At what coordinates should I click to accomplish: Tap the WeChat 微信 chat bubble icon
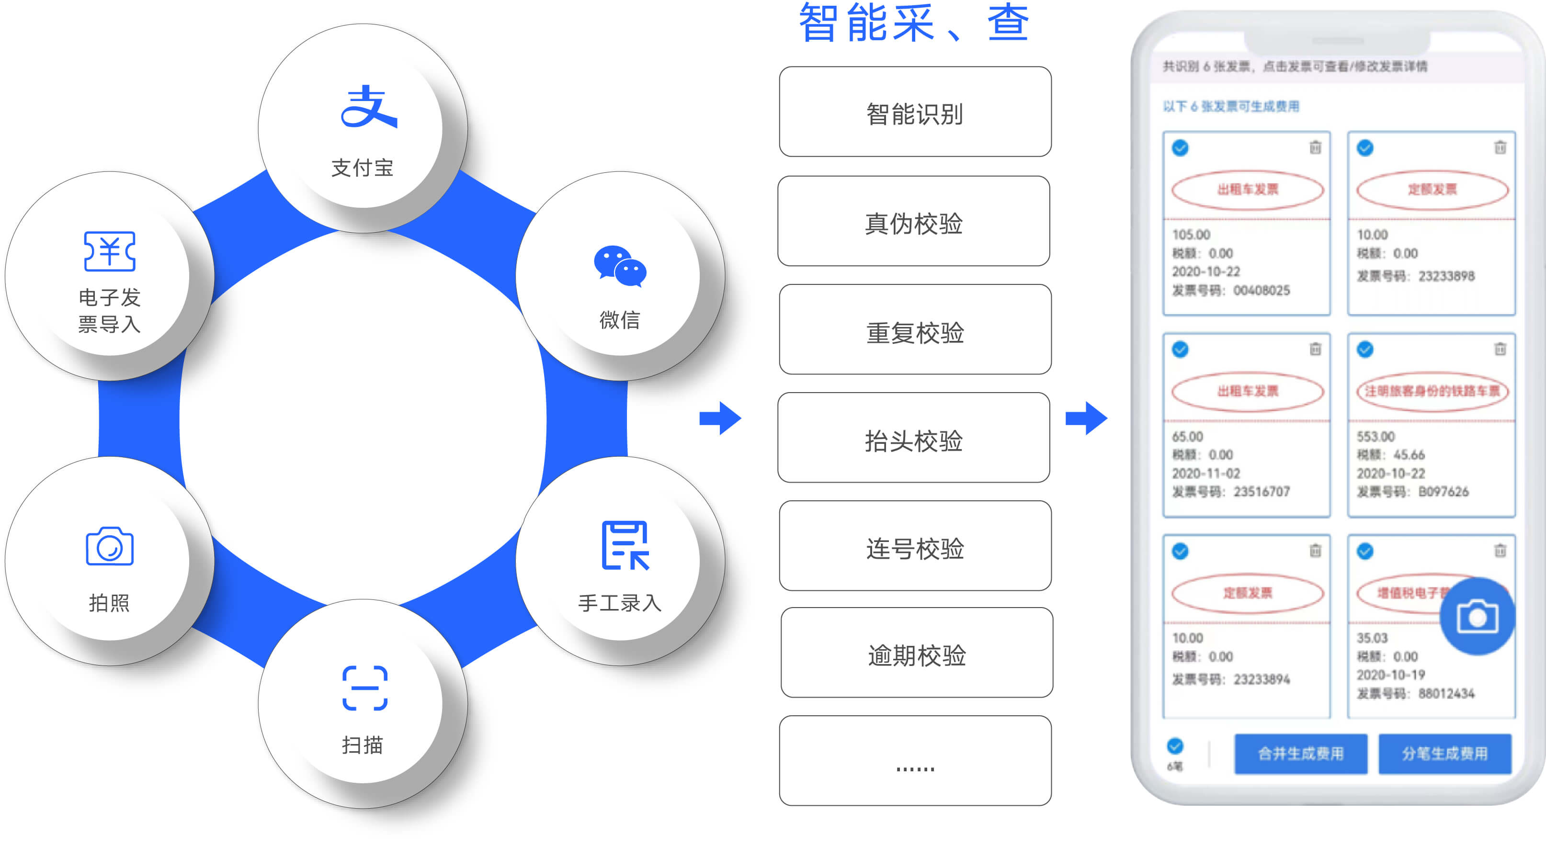620,266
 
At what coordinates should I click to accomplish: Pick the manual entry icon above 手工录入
625,545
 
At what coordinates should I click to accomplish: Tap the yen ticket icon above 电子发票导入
109,251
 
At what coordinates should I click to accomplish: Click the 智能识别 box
915,112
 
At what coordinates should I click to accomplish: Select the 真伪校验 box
913,221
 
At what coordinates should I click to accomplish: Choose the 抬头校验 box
913,438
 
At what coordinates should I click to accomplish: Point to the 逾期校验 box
916,653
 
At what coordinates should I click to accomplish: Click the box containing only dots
915,761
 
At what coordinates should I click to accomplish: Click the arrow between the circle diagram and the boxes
720,418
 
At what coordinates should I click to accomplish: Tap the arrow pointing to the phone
1086,418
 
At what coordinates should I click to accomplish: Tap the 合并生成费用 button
1300,754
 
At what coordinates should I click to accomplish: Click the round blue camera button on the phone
1477,617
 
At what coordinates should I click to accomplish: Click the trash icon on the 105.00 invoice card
1315,147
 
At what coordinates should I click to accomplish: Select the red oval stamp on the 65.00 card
1247,391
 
